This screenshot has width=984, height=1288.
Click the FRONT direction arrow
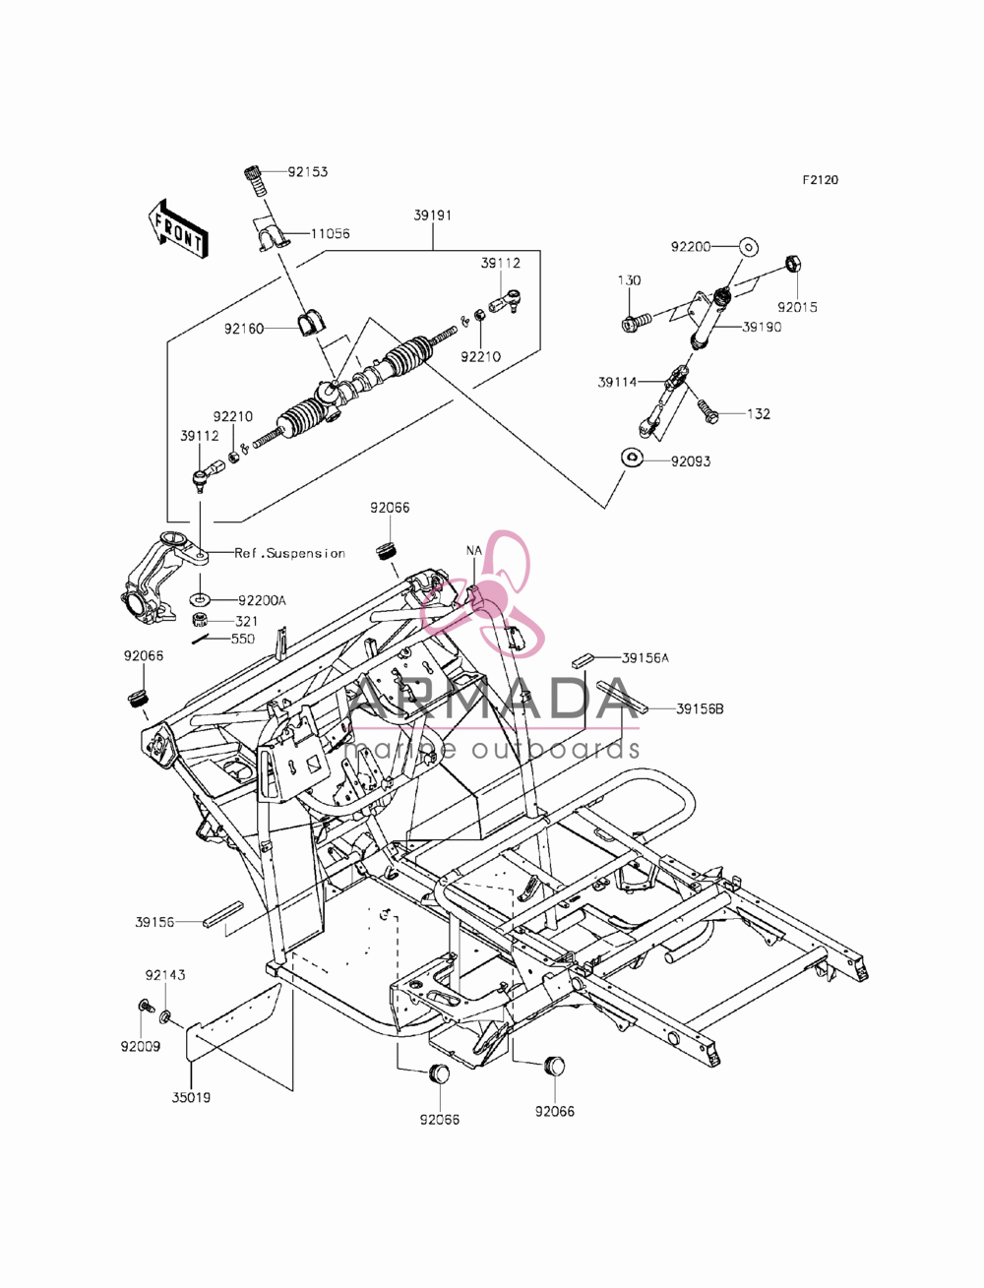pos(178,229)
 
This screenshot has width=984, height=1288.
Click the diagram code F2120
pos(820,180)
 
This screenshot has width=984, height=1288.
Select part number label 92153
pos(307,172)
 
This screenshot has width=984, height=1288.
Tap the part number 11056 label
pos(330,233)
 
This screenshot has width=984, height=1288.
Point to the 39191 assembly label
pos(432,215)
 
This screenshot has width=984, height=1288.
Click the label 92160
pos(244,330)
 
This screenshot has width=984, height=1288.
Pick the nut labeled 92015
pos(794,264)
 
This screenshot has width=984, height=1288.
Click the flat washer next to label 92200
pos(748,246)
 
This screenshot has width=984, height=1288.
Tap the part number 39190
pos(762,327)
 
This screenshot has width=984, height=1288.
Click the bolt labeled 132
pos(708,411)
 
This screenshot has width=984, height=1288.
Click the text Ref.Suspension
pos(290,553)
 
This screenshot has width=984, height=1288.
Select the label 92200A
pos(262,600)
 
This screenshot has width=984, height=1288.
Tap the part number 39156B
pos(700,708)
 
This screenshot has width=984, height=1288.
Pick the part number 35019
pos(191,1097)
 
